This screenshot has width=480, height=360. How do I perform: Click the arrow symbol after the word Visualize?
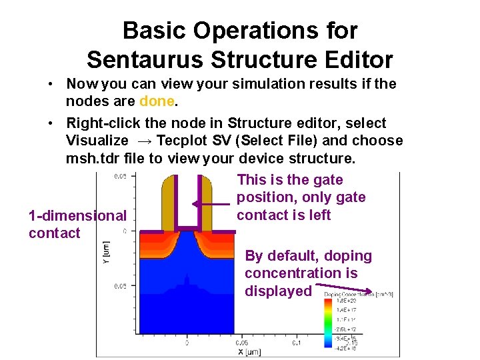145,141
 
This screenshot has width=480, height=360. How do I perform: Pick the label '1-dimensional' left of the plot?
77,215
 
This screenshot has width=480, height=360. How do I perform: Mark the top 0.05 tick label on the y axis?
120,177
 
